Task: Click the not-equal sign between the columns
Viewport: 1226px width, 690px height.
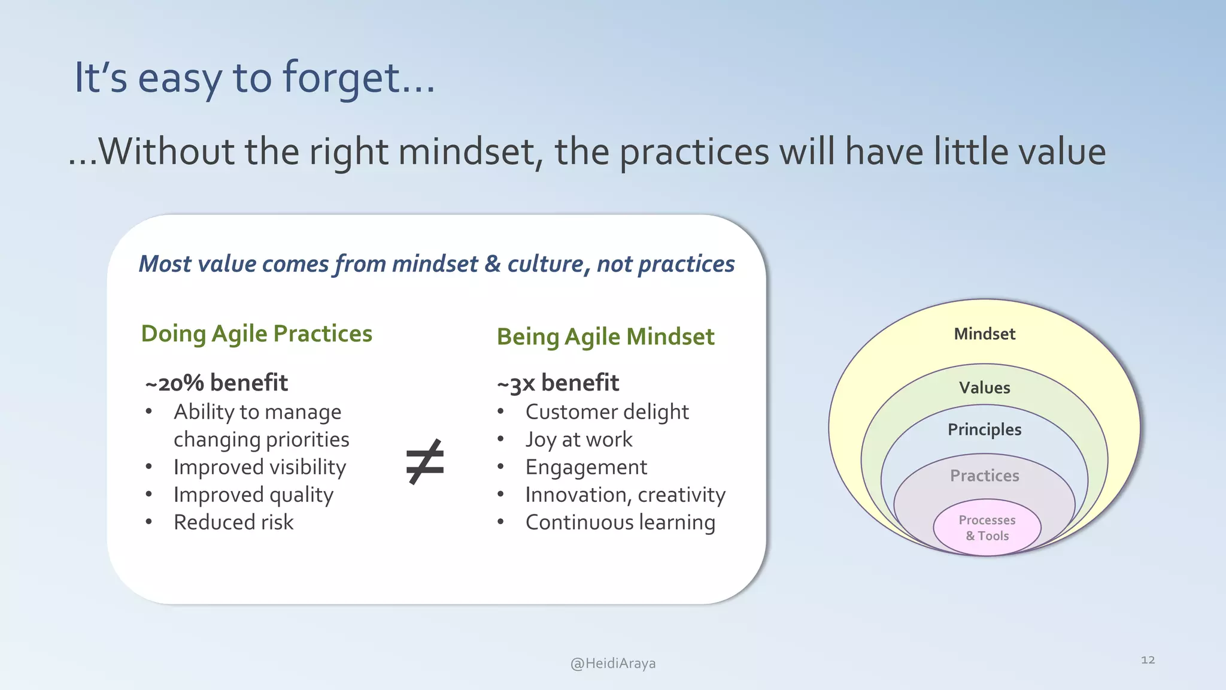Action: tap(424, 462)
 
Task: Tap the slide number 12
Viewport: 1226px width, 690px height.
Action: tap(1148, 659)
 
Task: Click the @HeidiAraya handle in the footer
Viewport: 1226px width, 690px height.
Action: tap(613, 663)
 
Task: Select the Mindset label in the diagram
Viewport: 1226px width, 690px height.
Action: tap(984, 334)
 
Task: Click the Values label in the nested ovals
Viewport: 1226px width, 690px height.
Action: tap(984, 388)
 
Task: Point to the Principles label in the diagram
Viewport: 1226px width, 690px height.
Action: tap(984, 429)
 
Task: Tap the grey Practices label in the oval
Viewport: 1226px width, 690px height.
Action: tap(984, 476)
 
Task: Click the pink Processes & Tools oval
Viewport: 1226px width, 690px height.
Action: tap(987, 528)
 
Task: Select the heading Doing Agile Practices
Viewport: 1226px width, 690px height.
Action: tap(256, 334)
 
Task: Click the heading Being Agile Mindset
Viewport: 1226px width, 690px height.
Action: tap(605, 337)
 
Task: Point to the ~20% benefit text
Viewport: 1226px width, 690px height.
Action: tap(216, 383)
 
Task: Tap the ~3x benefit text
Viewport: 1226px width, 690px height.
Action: tap(557, 383)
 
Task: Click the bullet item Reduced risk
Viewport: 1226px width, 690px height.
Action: tap(233, 522)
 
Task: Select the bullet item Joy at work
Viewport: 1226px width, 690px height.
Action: tap(578, 440)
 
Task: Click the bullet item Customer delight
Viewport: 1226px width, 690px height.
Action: tap(606, 412)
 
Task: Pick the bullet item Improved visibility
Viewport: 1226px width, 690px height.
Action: tap(260, 467)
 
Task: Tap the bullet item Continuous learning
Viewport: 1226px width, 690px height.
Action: tap(620, 522)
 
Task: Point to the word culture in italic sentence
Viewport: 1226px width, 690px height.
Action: tap(545, 264)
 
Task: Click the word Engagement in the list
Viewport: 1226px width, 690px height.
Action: tap(586, 467)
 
